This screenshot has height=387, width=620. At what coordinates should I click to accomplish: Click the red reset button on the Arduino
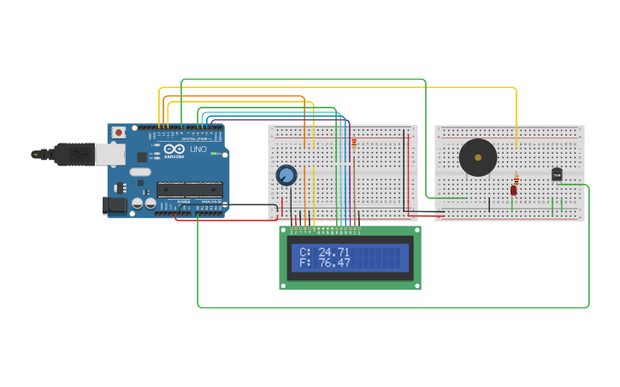point(118,132)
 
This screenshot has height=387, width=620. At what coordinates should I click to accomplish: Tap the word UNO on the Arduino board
point(198,150)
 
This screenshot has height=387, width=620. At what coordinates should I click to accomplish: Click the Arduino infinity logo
point(174,150)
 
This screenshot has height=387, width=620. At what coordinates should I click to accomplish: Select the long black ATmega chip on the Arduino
point(189,190)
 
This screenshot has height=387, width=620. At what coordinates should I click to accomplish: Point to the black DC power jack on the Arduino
point(114,205)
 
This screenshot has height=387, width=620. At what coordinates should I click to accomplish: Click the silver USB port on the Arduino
point(109,154)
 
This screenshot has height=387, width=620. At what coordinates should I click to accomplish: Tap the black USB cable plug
point(73,154)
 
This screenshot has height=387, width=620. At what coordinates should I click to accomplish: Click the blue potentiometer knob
point(286,175)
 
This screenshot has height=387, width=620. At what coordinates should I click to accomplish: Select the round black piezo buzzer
point(477,157)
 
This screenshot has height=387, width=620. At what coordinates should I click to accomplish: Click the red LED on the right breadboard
point(514,191)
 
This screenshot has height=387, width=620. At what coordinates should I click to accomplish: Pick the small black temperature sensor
point(557,174)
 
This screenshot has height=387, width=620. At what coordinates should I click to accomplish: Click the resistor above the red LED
point(516,179)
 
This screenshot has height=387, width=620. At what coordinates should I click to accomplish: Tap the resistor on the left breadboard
point(354,144)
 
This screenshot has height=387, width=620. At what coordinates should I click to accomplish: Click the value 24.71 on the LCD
point(334,252)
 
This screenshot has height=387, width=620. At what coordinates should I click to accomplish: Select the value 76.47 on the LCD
point(334,263)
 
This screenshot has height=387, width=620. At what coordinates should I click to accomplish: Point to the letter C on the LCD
point(303,252)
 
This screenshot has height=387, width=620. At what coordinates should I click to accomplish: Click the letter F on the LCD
point(303,263)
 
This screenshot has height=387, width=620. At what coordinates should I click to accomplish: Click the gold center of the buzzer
point(477,157)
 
